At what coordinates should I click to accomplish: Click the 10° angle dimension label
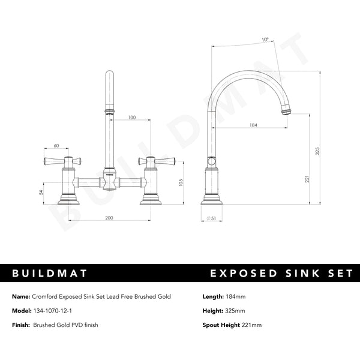coord(265,40)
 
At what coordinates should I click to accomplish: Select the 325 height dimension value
coord(318,152)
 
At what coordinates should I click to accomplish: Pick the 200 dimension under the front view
coord(109,218)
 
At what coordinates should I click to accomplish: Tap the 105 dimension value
coord(181,183)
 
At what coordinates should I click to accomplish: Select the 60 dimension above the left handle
coord(56,146)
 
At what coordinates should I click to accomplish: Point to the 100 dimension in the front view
coord(131,118)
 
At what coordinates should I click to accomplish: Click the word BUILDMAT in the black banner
coord(50,274)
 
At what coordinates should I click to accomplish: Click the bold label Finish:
coord(21,325)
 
